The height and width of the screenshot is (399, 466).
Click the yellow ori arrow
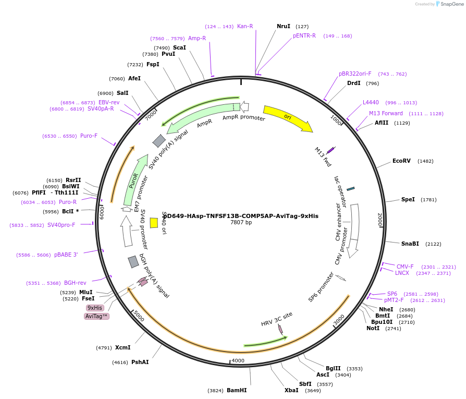coord(287,117)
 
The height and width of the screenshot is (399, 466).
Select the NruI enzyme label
coord(284,26)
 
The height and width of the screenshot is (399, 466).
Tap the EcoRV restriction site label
coord(401,161)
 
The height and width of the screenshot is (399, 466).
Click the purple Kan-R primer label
coord(245,26)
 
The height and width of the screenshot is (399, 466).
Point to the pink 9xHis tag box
coord(95,308)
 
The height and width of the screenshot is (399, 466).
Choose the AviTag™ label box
coord(96,317)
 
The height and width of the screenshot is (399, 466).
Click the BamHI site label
coord(237,390)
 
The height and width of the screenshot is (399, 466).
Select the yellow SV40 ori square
coord(154,223)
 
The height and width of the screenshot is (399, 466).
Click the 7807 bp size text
coord(241,223)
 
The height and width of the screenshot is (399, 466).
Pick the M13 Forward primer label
coord(386,113)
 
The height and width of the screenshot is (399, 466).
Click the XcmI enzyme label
coord(122,347)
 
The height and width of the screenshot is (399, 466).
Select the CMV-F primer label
coord(405,267)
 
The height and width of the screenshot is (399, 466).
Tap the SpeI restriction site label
coord(408,199)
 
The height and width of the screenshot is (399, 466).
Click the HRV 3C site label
coord(277,319)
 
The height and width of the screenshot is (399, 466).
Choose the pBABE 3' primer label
coord(66,255)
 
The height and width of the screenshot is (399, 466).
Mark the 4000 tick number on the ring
coord(238,360)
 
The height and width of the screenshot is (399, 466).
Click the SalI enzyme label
coord(122,93)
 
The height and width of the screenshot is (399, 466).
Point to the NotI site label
coord(373,328)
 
